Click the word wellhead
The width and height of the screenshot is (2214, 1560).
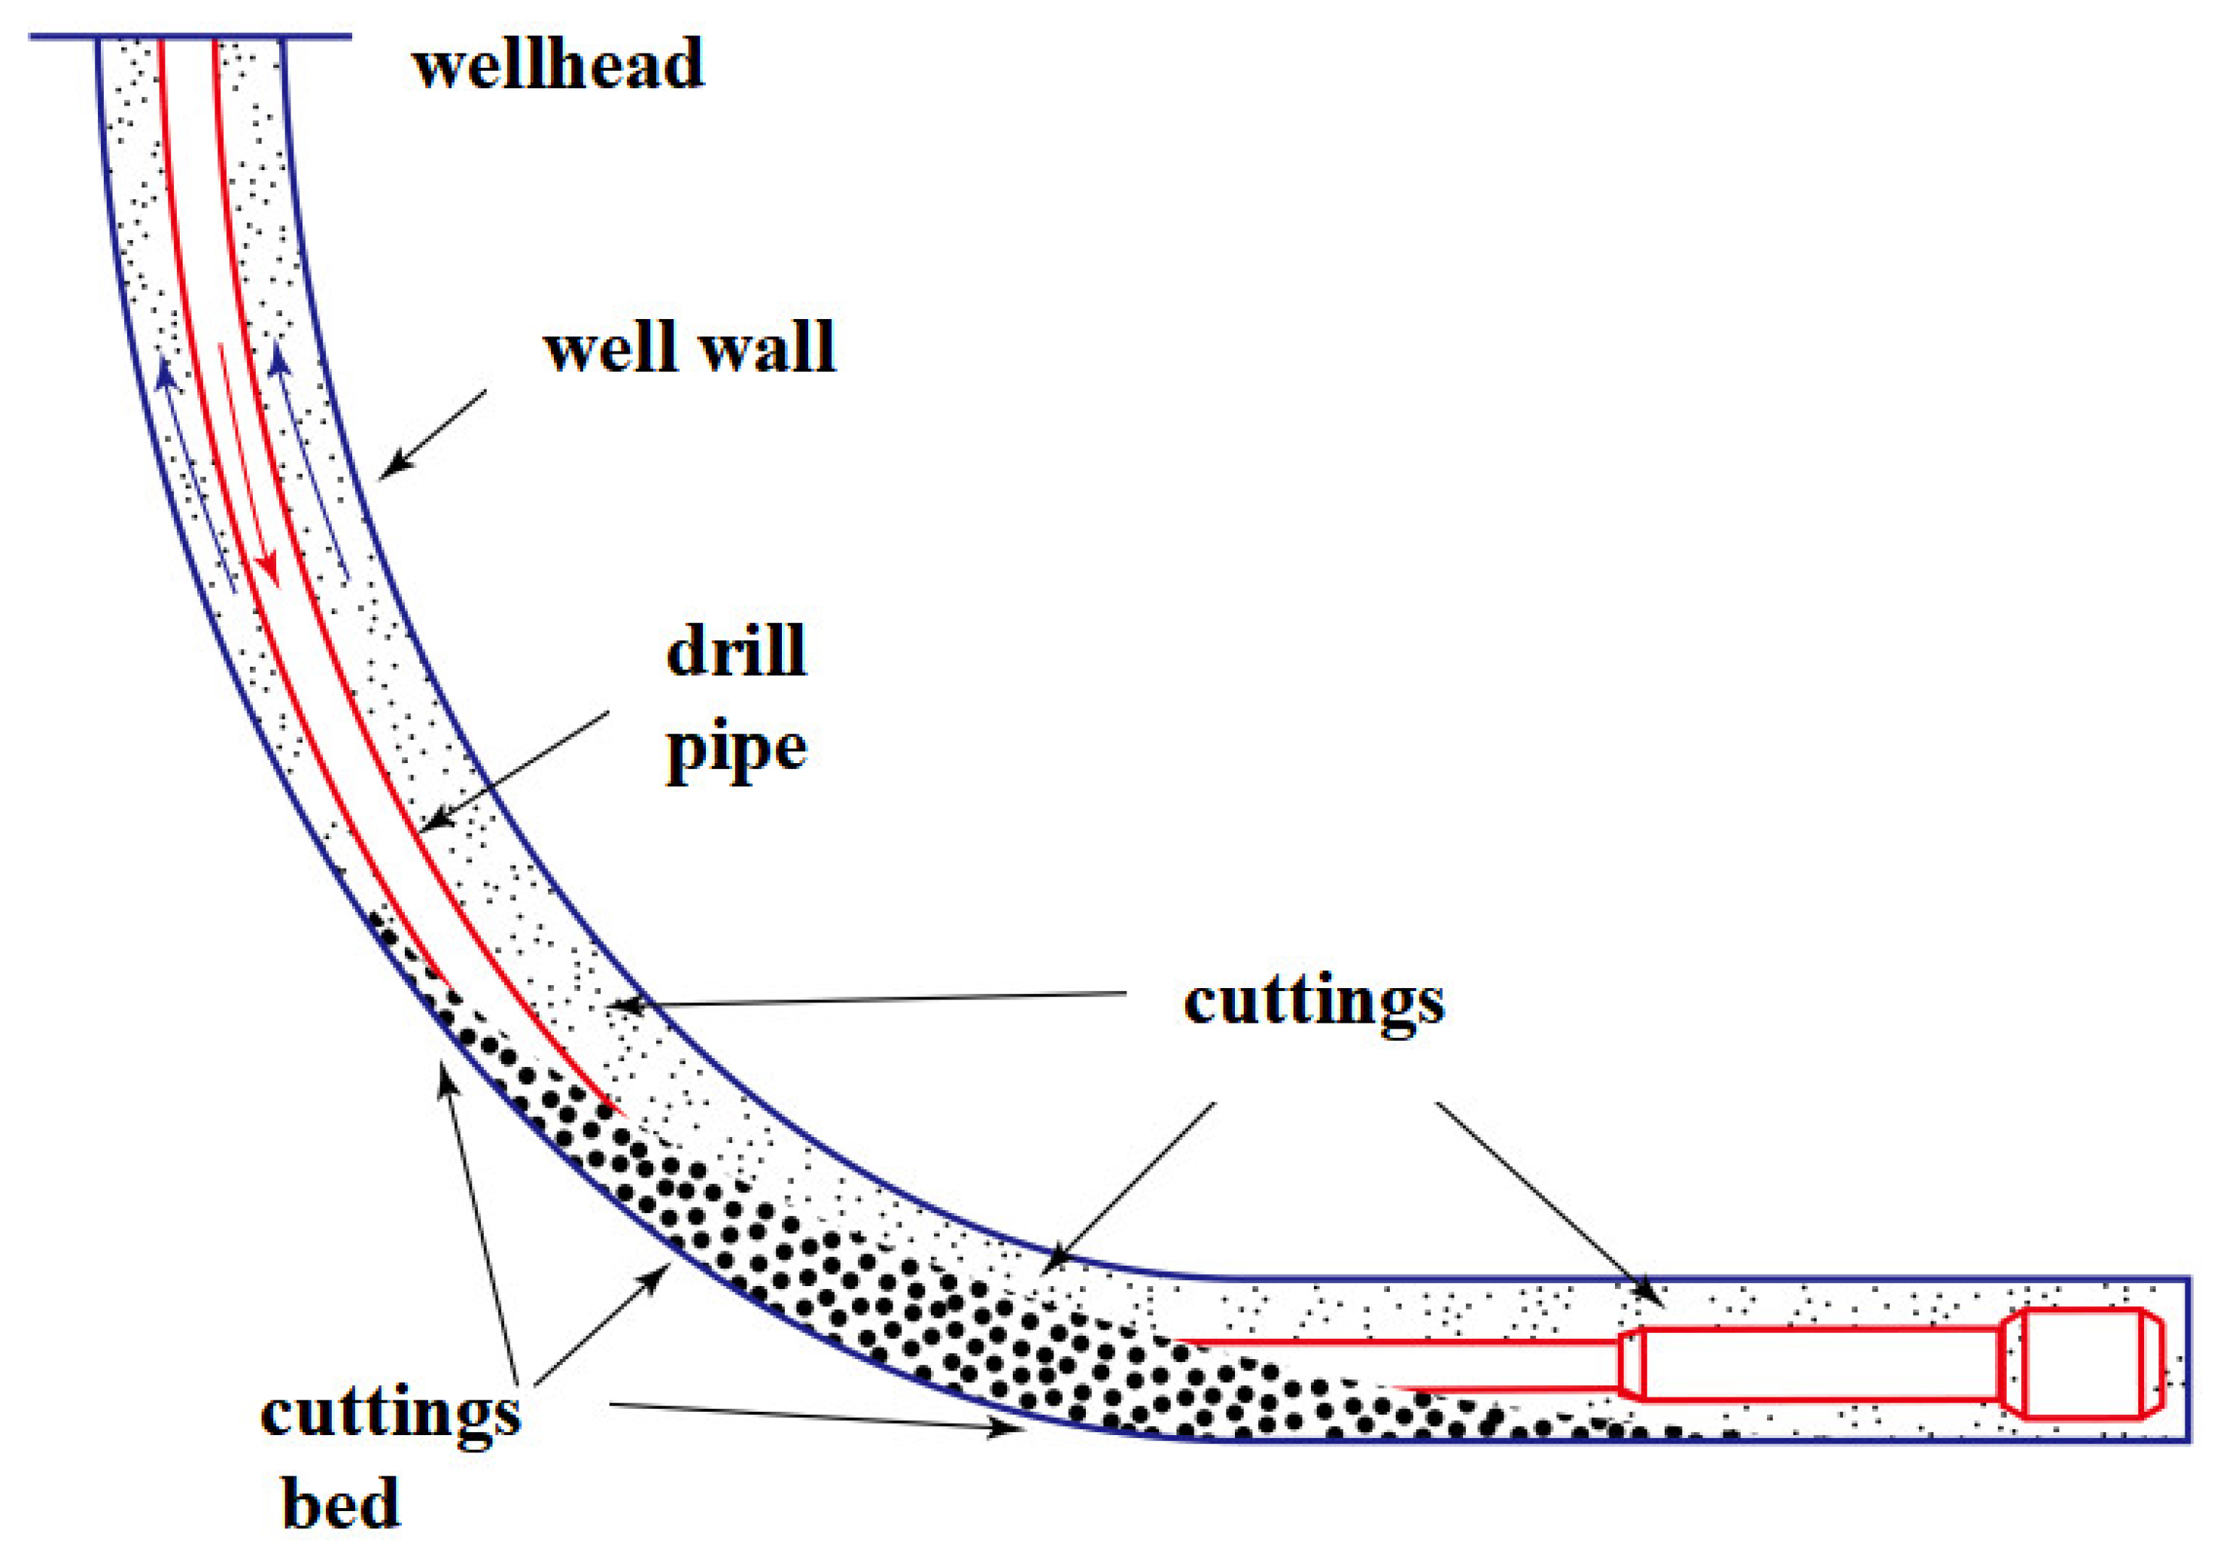(x=558, y=65)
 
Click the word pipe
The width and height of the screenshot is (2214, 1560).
(x=736, y=750)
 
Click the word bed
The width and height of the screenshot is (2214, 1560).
(x=340, y=1502)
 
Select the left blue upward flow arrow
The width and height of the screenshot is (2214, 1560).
(x=196, y=473)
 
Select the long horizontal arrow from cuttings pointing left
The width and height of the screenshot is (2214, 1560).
(x=868, y=999)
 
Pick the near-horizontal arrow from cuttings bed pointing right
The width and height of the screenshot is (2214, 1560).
(x=815, y=1417)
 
